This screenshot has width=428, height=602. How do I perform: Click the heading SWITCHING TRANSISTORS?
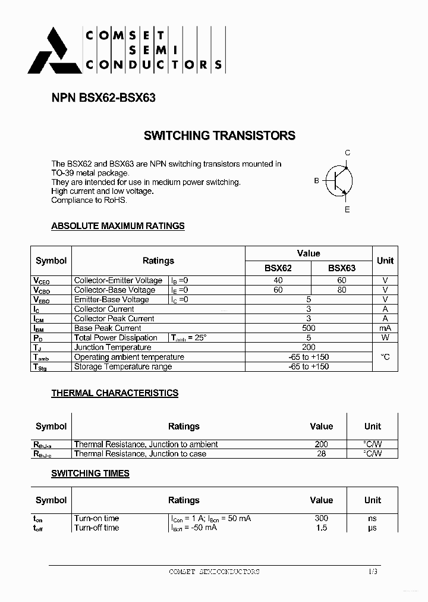219,136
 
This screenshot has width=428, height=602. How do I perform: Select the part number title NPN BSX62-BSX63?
103,98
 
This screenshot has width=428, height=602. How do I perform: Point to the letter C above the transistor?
348,153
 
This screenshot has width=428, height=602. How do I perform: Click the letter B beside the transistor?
317,181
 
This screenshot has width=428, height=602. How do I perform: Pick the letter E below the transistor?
348,209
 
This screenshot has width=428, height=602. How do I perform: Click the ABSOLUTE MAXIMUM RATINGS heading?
118,226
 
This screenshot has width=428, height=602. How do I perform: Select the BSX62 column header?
278,268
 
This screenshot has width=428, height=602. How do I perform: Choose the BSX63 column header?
341,268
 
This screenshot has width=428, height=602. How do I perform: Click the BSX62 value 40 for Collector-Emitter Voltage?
278,280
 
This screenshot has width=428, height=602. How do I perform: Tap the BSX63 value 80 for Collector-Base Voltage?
341,290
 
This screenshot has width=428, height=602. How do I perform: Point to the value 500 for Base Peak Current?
309,328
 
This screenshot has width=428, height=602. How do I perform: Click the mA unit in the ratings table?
385,328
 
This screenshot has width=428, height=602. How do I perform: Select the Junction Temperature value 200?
309,347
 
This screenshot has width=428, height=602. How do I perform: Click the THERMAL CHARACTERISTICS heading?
115,393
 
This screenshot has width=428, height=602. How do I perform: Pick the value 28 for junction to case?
321,453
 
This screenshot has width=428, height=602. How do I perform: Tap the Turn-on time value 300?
321,518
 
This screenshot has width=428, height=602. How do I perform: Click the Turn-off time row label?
96,528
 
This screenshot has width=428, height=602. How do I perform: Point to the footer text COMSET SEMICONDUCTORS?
214,572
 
